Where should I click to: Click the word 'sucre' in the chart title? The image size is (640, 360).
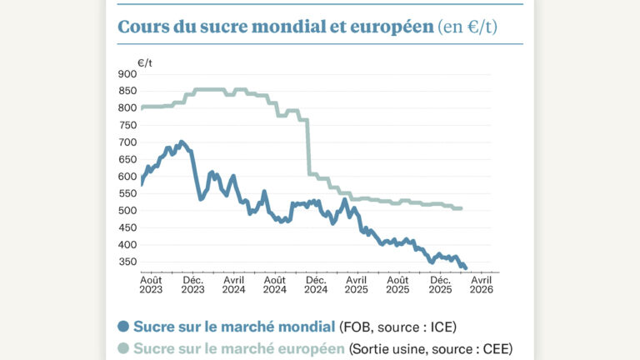[x=200, y=26]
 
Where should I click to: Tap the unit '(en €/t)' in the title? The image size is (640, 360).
[x=467, y=27]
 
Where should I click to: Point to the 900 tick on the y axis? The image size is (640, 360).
[x=127, y=74]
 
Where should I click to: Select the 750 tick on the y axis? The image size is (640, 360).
[x=127, y=125]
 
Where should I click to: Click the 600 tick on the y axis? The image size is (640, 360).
[x=127, y=177]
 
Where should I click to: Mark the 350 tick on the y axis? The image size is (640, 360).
[x=127, y=262]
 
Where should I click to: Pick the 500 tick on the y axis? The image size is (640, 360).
[x=127, y=211]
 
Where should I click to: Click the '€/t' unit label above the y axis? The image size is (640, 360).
[x=146, y=62]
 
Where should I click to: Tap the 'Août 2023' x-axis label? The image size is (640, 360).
[x=151, y=285]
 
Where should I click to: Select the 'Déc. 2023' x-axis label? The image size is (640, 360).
[x=192, y=285]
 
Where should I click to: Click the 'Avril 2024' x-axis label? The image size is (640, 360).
[x=233, y=285]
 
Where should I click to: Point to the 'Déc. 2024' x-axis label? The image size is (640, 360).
[x=316, y=285]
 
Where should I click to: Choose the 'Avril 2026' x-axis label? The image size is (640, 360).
[x=481, y=285]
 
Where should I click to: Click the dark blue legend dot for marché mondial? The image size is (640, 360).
[x=123, y=326]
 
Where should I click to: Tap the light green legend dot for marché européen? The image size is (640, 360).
[x=123, y=348]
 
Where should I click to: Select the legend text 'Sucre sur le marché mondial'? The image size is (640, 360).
[x=234, y=326]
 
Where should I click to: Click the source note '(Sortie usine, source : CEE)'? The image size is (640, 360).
[x=430, y=348]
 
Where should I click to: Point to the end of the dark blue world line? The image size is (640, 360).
[x=466, y=267]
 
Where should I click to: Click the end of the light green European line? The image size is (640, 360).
[x=461, y=208]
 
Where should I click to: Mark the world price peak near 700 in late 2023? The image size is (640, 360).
[x=182, y=142]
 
